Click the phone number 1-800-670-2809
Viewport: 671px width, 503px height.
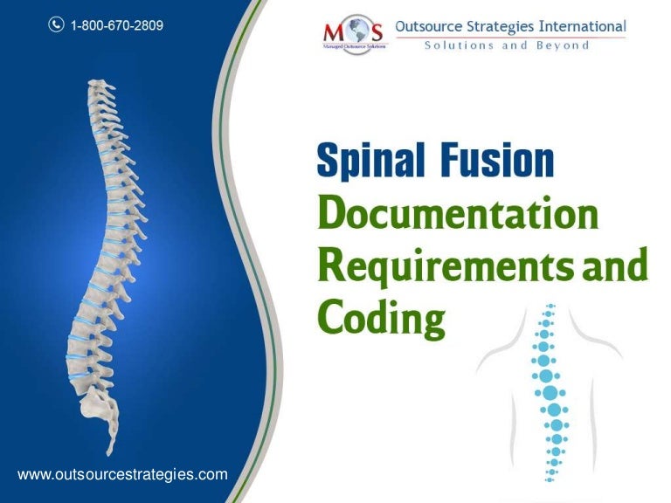(x=119, y=25)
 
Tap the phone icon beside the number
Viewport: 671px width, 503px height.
(x=55, y=25)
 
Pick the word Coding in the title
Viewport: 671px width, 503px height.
(x=379, y=318)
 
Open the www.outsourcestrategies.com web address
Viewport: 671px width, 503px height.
(x=123, y=474)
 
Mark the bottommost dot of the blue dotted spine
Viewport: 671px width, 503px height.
(x=550, y=479)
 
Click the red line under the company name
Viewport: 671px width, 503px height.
(x=511, y=38)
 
